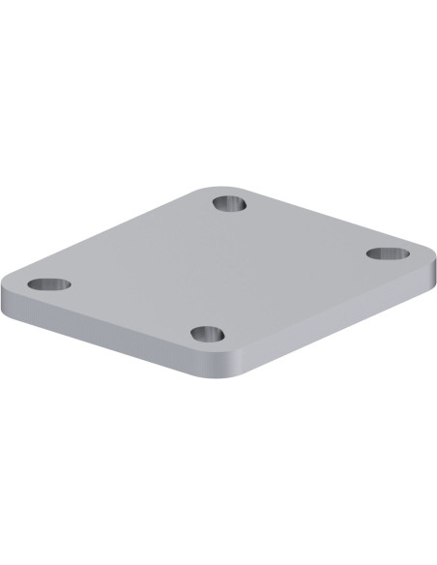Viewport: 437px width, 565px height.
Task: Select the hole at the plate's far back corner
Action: [x=230, y=204]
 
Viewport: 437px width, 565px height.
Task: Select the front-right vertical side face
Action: [x=338, y=320]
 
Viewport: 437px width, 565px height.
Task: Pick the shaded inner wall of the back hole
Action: [x=230, y=200]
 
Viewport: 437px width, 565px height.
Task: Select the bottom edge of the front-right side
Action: [x=338, y=332]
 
